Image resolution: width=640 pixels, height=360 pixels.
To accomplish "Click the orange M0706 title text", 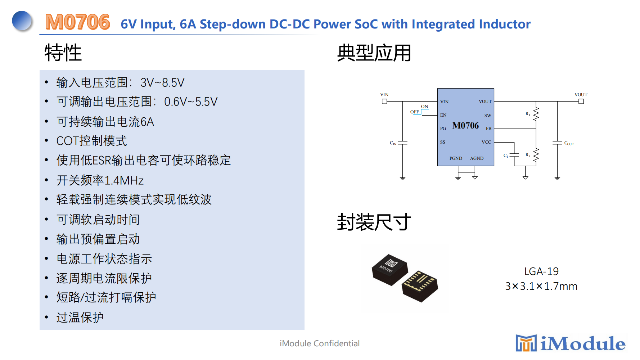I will tap(77, 22).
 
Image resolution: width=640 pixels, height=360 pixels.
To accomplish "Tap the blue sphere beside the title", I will tap(22, 21).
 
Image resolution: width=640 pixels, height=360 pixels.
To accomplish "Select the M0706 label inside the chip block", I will tap(465, 126).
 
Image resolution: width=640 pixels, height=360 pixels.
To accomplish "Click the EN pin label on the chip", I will tap(443, 115).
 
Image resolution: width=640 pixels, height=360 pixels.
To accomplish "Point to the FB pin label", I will tap(488, 129).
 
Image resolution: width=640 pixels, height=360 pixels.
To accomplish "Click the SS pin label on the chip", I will tap(443, 142).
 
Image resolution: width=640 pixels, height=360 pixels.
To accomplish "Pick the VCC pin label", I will tap(486, 142).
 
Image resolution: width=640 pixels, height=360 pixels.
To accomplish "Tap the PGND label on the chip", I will tap(456, 158).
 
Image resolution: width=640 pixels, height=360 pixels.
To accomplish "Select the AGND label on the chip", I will tap(477, 158).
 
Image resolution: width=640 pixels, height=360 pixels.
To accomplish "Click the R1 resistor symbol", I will tap(536, 114).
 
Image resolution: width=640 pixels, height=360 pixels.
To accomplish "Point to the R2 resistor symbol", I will tap(536, 155).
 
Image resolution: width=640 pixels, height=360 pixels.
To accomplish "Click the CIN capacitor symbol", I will tap(402, 143).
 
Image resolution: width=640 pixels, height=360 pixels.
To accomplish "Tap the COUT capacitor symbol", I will tap(557, 143).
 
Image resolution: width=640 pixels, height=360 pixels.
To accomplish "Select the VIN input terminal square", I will tap(384, 102).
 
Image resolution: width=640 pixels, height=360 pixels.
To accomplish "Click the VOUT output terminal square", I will tap(581, 102).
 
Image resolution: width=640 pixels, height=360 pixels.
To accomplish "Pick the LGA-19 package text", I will tap(541, 271).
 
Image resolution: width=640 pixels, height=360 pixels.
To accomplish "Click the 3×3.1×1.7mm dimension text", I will tap(541, 286).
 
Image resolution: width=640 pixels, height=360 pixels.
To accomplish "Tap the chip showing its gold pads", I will tap(420, 286).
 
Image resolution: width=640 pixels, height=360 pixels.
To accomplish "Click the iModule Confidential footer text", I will tap(320, 343).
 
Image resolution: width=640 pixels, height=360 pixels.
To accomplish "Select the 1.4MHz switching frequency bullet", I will tap(100, 180).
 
